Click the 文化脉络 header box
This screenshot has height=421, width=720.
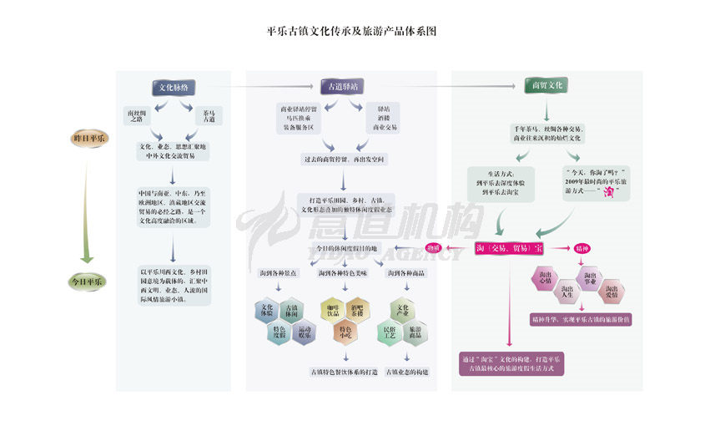coord(174,87)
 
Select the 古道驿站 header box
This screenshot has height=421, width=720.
coord(342,86)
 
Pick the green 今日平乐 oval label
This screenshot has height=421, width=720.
coord(87,282)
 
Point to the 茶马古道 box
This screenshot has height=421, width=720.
coord(208,115)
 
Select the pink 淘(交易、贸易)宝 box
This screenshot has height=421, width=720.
coord(509,248)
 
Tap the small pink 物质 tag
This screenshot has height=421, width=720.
coord(433,248)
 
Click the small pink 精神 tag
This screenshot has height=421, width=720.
coord(582,248)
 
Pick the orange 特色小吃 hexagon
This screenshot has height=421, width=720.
coord(344,332)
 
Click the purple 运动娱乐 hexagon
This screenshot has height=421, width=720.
coord(303,332)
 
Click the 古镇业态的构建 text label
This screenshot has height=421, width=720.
coord(403,371)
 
